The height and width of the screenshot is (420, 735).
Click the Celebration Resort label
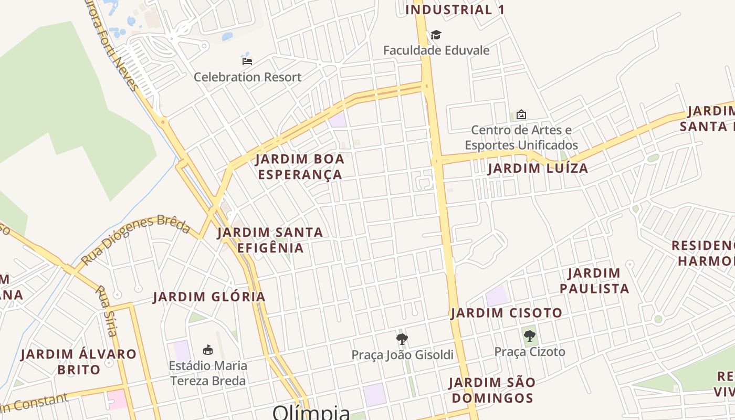coord(247,77)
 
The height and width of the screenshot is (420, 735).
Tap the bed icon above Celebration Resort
coord(247,61)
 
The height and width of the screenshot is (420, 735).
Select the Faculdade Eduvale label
coord(436,50)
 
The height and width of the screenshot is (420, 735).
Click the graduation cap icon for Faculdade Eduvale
coord(436,35)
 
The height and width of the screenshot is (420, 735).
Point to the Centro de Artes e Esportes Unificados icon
coord(521,114)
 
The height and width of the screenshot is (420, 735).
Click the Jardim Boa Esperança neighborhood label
coord(300,166)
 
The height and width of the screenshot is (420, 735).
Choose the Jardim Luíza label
coord(538,169)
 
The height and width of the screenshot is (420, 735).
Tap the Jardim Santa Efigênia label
coord(270,240)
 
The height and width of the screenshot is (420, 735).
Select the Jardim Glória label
coord(209,297)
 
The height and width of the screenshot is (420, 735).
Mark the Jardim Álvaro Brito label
coord(79,362)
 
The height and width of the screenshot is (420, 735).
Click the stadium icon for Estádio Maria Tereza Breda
coord(208,350)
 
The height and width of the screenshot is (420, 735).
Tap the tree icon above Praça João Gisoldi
coord(402,339)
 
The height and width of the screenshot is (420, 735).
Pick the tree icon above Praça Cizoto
coord(529,336)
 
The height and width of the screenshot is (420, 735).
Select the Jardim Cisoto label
coord(506,313)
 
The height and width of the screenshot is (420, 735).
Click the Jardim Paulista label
coord(594,281)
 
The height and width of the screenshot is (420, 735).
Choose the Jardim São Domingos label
coord(492,390)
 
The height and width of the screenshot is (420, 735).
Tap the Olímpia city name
coord(311,413)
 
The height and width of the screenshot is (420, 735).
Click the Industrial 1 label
coord(455,9)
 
